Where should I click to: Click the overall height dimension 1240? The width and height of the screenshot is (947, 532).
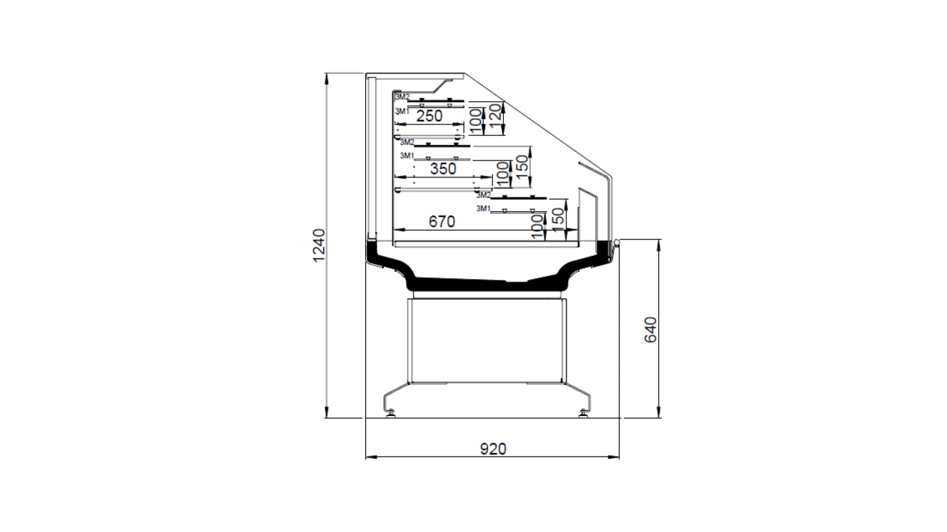pyautogui.click(x=319, y=246)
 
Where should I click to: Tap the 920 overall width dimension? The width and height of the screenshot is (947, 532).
pyautogui.click(x=493, y=449)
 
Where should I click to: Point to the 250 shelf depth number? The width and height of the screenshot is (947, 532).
pyautogui.click(x=429, y=116)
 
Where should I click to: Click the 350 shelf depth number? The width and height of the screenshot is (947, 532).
pyautogui.click(x=443, y=169)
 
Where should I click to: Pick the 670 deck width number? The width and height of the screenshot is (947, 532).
pyautogui.click(x=442, y=221)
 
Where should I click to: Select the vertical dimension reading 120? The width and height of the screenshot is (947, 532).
pyautogui.click(x=495, y=114)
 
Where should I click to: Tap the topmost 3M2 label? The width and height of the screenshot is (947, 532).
pyautogui.click(x=402, y=96)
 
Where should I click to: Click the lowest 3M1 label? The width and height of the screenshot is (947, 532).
pyautogui.click(x=483, y=209)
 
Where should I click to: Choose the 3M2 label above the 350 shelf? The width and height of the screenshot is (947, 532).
pyautogui.click(x=407, y=142)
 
